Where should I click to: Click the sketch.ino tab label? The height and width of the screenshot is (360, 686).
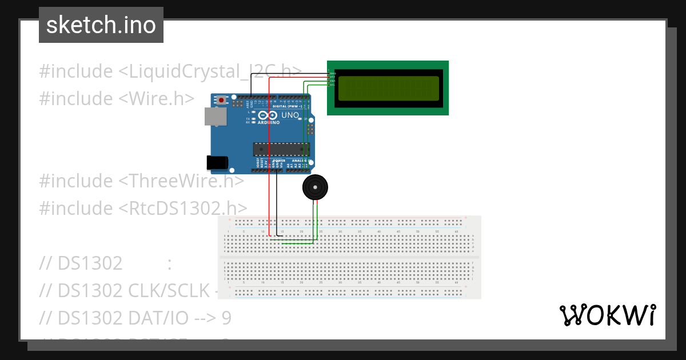[101, 25]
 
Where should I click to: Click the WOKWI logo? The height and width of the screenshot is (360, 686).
[607, 315]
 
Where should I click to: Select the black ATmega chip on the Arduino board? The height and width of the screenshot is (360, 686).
[281, 149]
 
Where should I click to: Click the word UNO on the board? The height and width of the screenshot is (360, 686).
[290, 115]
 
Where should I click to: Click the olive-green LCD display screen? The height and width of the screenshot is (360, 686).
[389, 89]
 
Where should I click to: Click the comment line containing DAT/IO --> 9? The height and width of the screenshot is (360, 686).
[135, 317]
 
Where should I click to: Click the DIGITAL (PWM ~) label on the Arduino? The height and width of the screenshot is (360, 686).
[287, 106]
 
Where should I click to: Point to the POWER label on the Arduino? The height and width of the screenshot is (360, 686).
[278, 161]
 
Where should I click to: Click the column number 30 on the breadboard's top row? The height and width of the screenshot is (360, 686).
[340, 231]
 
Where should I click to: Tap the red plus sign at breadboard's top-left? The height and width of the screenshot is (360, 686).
[229, 219]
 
